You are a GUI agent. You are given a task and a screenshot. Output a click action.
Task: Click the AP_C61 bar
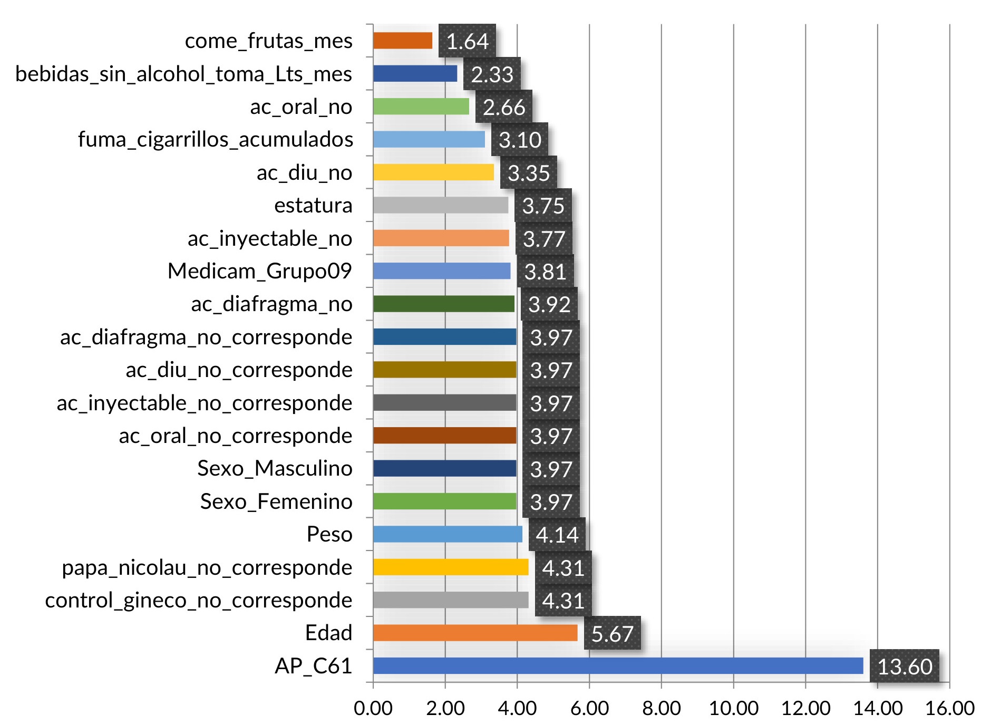click(618, 665)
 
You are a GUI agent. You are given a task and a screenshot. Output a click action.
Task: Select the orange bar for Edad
click(475, 633)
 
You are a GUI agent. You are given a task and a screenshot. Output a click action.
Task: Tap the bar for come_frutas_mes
click(403, 41)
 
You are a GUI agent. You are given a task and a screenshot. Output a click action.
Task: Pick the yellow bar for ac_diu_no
click(433, 172)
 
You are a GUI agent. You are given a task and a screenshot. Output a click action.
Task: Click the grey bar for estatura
click(441, 205)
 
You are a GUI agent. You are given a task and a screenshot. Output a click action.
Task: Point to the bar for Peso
click(448, 534)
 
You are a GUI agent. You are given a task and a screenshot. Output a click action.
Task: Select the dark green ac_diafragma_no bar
click(444, 304)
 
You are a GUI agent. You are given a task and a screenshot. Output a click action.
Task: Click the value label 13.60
click(905, 667)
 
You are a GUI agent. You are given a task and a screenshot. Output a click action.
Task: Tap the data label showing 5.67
click(612, 633)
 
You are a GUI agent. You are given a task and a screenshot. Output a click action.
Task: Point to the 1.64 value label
click(467, 41)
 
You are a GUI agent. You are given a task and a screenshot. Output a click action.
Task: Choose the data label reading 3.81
click(545, 272)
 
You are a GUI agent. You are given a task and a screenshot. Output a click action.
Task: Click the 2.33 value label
click(492, 74)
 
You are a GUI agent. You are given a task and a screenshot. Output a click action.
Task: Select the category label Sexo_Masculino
click(275, 468)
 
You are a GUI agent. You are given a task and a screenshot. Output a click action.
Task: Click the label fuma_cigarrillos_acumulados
click(216, 139)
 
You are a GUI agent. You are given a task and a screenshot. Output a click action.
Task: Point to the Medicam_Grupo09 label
click(259, 271)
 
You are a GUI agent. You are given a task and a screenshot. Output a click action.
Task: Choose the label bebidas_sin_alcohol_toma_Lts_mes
click(183, 74)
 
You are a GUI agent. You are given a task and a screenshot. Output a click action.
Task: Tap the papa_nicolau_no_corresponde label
click(207, 567)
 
